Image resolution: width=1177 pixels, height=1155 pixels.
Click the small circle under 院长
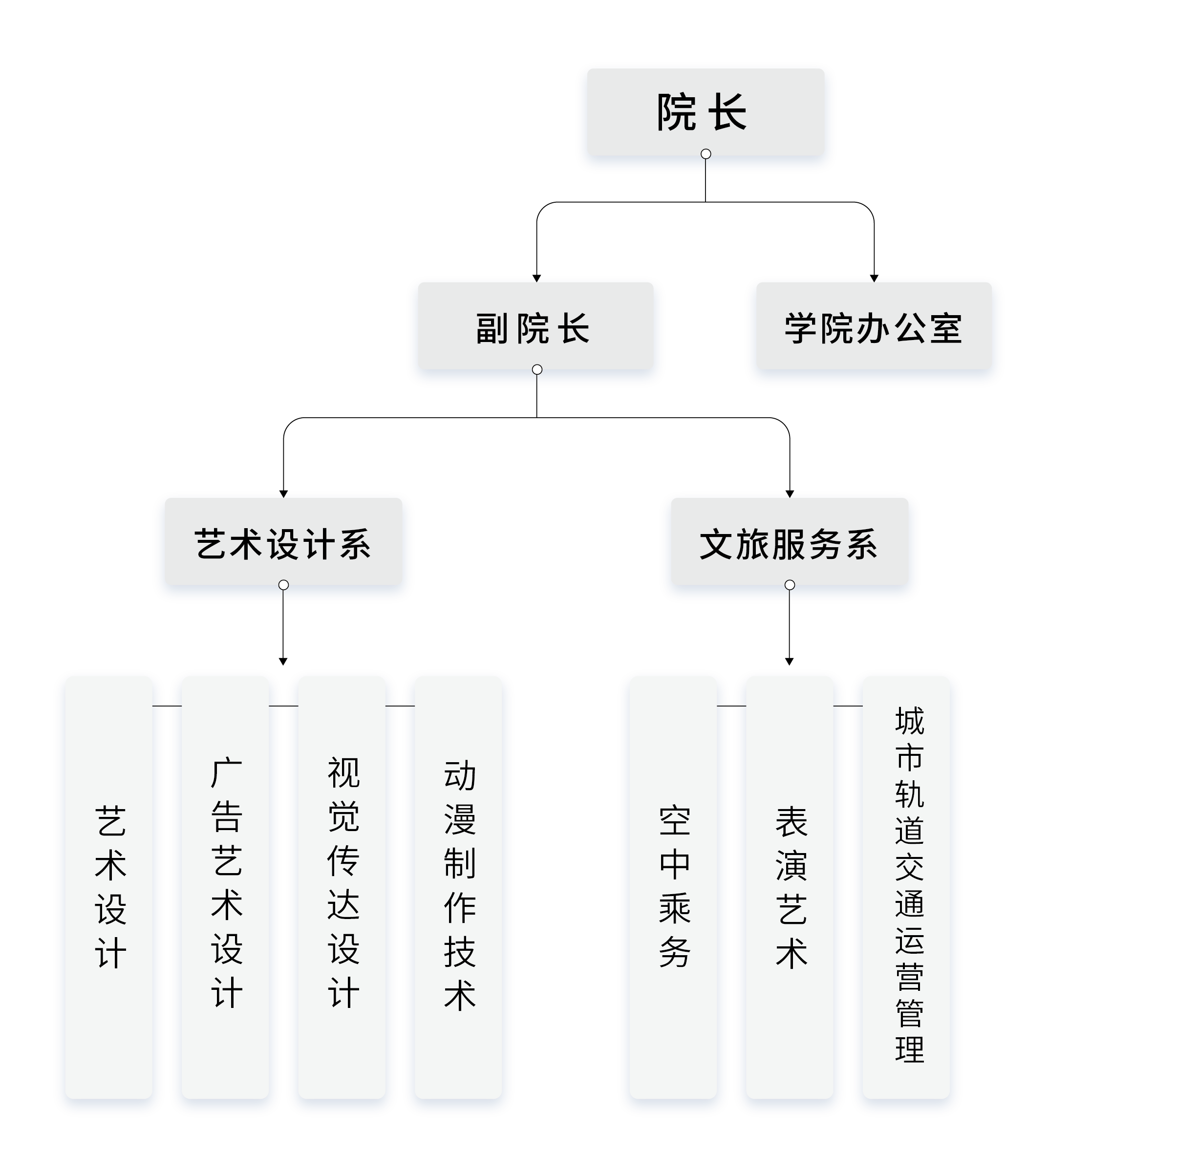pyautogui.click(x=706, y=154)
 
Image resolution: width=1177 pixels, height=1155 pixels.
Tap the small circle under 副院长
pyautogui.click(x=537, y=369)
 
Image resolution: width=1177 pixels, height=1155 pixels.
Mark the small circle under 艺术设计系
pyautogui.click(x=283, y=585)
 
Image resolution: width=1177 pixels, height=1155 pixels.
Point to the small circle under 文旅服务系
pyautogui.click(x=790, y=585)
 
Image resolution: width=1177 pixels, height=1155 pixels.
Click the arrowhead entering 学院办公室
pyautogui.click(x=874, y=278)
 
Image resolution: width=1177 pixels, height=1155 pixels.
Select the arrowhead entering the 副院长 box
pyautogui.click(x=536, y=278)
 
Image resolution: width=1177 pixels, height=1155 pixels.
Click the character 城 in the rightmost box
pyautogui.click(x=909, y=721)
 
